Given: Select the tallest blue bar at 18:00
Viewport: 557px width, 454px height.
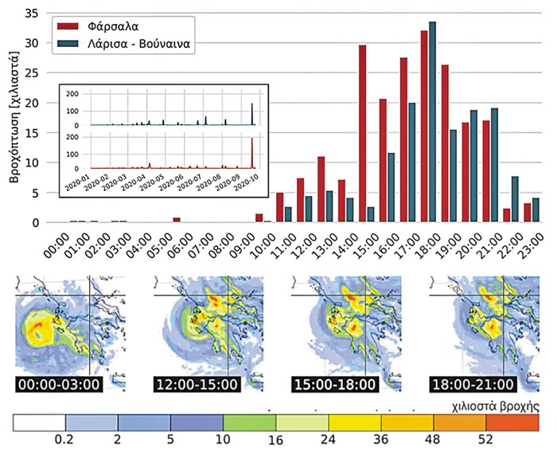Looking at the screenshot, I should [x=433, y=122].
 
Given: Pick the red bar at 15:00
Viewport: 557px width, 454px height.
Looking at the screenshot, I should [x=363, y=134].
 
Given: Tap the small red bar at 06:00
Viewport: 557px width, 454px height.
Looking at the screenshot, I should [x=177, y=219].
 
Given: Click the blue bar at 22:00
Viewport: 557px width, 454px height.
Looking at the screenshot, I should [x=515, y=199].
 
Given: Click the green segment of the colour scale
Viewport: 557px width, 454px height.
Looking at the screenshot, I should [x=249, y=423].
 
